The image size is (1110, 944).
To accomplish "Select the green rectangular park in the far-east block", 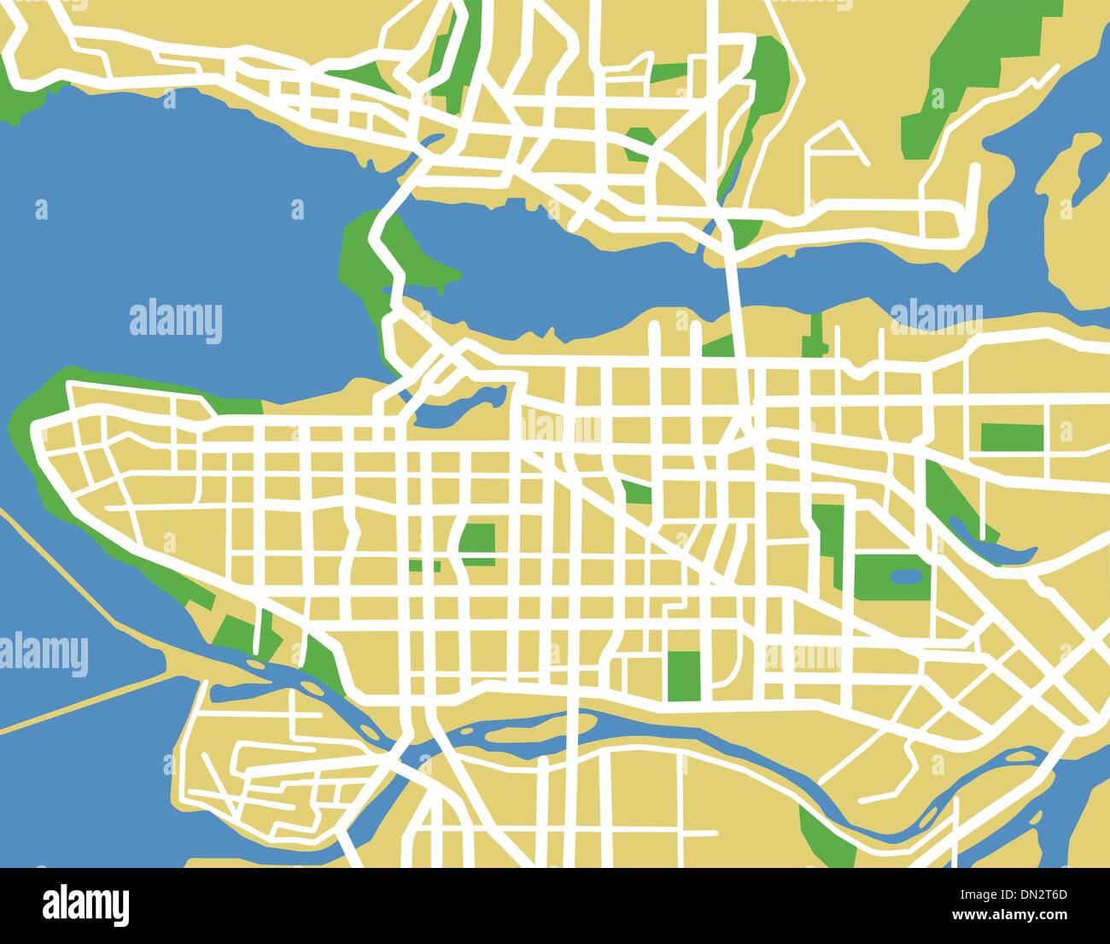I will tap(1012, 437).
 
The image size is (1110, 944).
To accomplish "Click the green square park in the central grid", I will tap(477, 540).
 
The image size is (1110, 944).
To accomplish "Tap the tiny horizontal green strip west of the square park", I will tap(424, 566).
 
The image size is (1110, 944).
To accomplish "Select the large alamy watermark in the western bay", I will tap(176, 321).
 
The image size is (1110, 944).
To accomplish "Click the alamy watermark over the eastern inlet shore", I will tap(936, 316).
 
